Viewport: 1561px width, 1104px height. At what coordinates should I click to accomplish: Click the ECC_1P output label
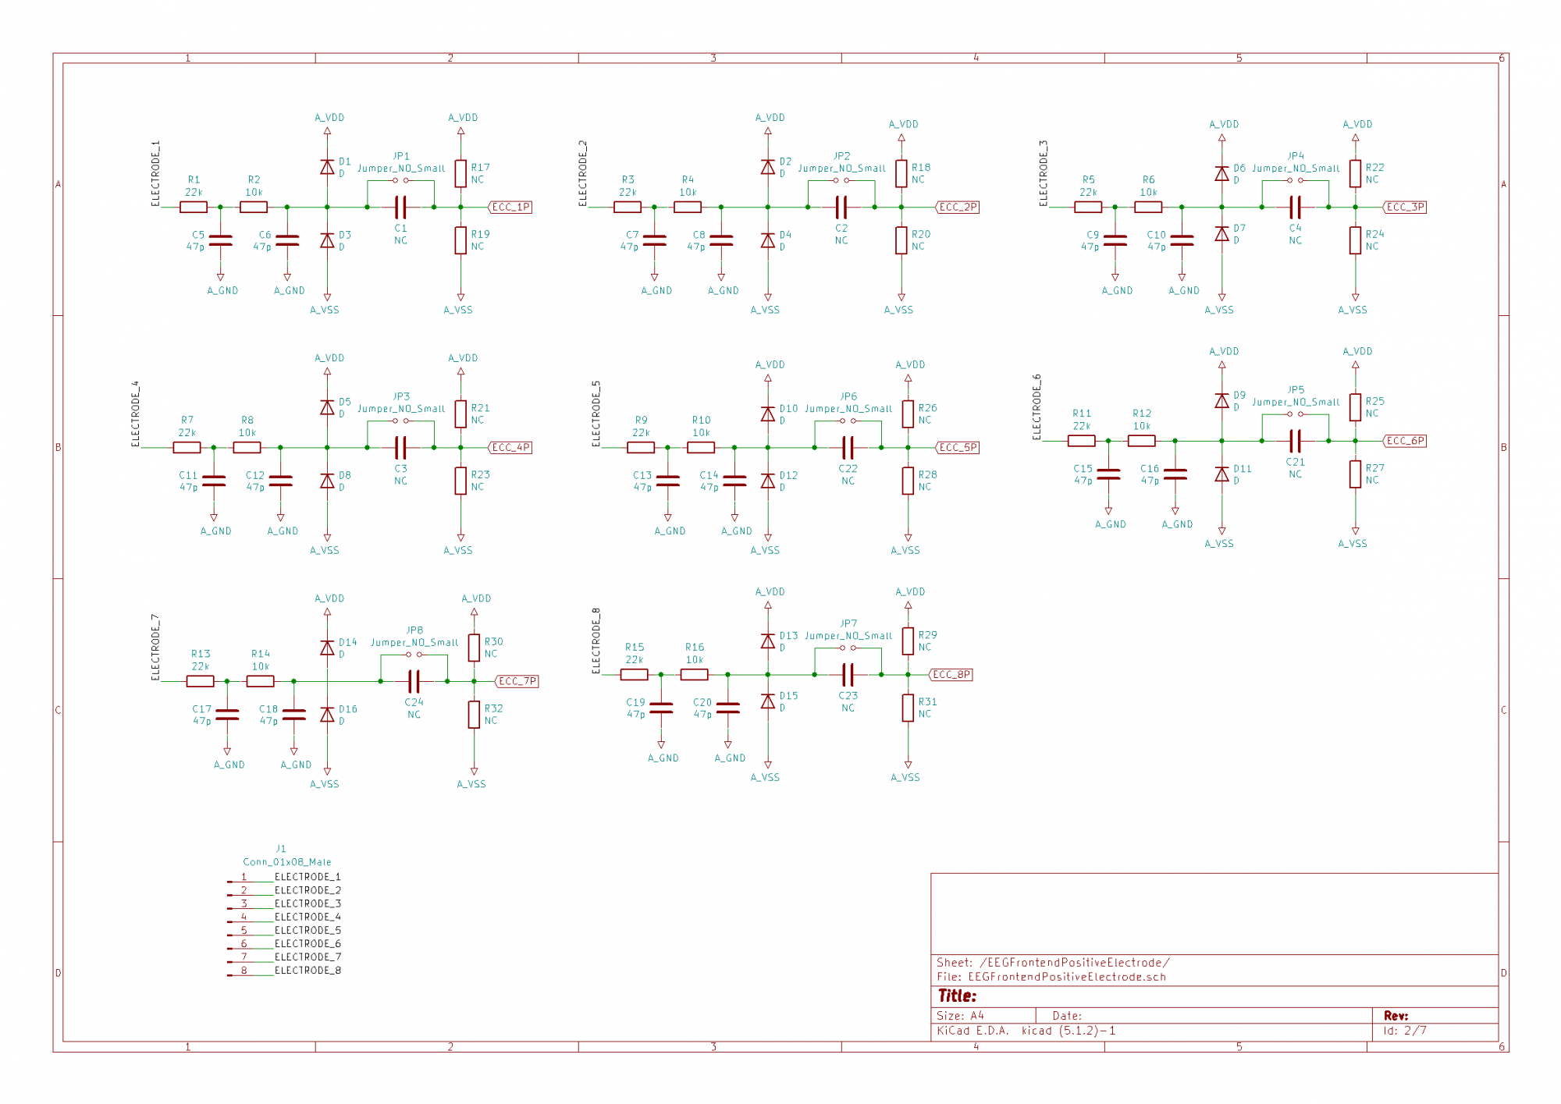coord(510,207)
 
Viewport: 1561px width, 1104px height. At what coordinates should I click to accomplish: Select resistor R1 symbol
coord(194,207)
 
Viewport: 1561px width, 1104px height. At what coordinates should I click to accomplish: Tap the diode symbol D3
coord(327,240)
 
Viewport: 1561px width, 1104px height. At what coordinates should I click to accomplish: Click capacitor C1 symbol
coord(400,207)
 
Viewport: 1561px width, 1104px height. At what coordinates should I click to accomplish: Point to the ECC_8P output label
coord(951,675)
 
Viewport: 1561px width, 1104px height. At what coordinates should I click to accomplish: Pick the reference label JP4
coord(1296,156)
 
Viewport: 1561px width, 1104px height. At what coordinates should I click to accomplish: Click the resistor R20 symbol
coord(901,240)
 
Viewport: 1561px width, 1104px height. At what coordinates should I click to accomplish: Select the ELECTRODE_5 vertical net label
coord(596,414)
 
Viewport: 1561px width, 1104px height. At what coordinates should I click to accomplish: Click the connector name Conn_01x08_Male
coord(287,862)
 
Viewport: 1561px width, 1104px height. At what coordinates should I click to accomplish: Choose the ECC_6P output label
coord(1405,441)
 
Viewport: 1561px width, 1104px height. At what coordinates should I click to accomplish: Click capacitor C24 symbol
coord(414,681)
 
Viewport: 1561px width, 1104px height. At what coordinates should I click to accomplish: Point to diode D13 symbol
coord(768,641)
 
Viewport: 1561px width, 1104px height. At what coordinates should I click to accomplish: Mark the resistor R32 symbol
coord(474,715)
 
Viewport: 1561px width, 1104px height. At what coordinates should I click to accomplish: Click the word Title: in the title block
coord(957,996)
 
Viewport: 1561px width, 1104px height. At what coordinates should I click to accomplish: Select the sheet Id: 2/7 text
coord(1405,1031)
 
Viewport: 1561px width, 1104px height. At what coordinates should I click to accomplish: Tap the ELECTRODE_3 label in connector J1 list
coord(308,903)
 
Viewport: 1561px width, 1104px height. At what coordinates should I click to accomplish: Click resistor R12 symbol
coord(1142,441)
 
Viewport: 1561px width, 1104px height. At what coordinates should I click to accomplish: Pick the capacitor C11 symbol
coord(214,481)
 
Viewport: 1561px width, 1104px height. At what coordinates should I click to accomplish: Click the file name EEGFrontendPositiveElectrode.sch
coord(1067,977)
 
